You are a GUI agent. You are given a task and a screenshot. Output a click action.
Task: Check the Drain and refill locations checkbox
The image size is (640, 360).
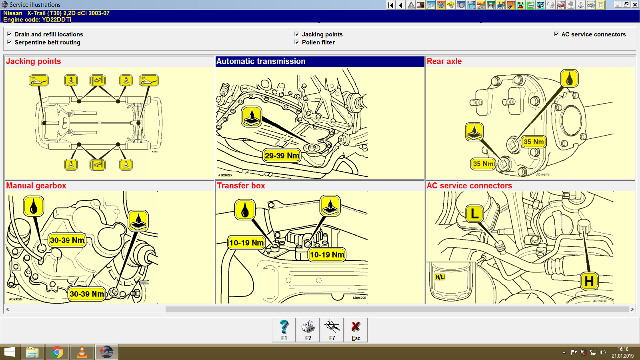(9, 34)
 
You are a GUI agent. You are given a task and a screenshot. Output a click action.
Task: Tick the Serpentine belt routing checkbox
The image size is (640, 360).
(9, 42)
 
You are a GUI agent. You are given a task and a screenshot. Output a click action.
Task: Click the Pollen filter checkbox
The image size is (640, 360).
(297, 42)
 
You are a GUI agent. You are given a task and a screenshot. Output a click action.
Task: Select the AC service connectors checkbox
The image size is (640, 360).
(556, 34)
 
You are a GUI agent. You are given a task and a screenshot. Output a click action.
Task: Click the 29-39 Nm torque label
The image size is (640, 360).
(282, 156)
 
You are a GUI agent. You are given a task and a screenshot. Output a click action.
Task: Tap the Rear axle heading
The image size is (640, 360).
(444, 61)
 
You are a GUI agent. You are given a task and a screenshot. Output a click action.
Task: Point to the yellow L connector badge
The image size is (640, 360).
(475, 214)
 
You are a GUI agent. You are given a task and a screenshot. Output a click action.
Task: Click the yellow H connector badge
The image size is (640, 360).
(589, 281)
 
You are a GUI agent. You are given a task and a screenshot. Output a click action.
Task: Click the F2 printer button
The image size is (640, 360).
(308, 330)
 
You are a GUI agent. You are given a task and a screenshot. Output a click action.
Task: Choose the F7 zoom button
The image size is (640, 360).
(332, 330)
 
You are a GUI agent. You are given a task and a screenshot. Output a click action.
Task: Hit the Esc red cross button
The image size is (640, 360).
(356, 330)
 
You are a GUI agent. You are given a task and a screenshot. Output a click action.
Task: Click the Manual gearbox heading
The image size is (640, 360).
(36, 186)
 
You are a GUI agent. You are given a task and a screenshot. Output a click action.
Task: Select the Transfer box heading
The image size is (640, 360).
(241, 186)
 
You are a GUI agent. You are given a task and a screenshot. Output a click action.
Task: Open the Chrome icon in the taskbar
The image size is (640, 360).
(57, 352)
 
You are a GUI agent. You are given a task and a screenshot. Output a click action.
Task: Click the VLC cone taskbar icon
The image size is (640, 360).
(82, 352)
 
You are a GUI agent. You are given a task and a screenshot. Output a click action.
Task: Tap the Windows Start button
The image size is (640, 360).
(9, 352)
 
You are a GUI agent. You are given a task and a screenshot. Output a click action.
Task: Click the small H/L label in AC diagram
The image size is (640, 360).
(440, 277)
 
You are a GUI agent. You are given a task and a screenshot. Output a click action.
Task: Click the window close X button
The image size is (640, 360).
(635, 4)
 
